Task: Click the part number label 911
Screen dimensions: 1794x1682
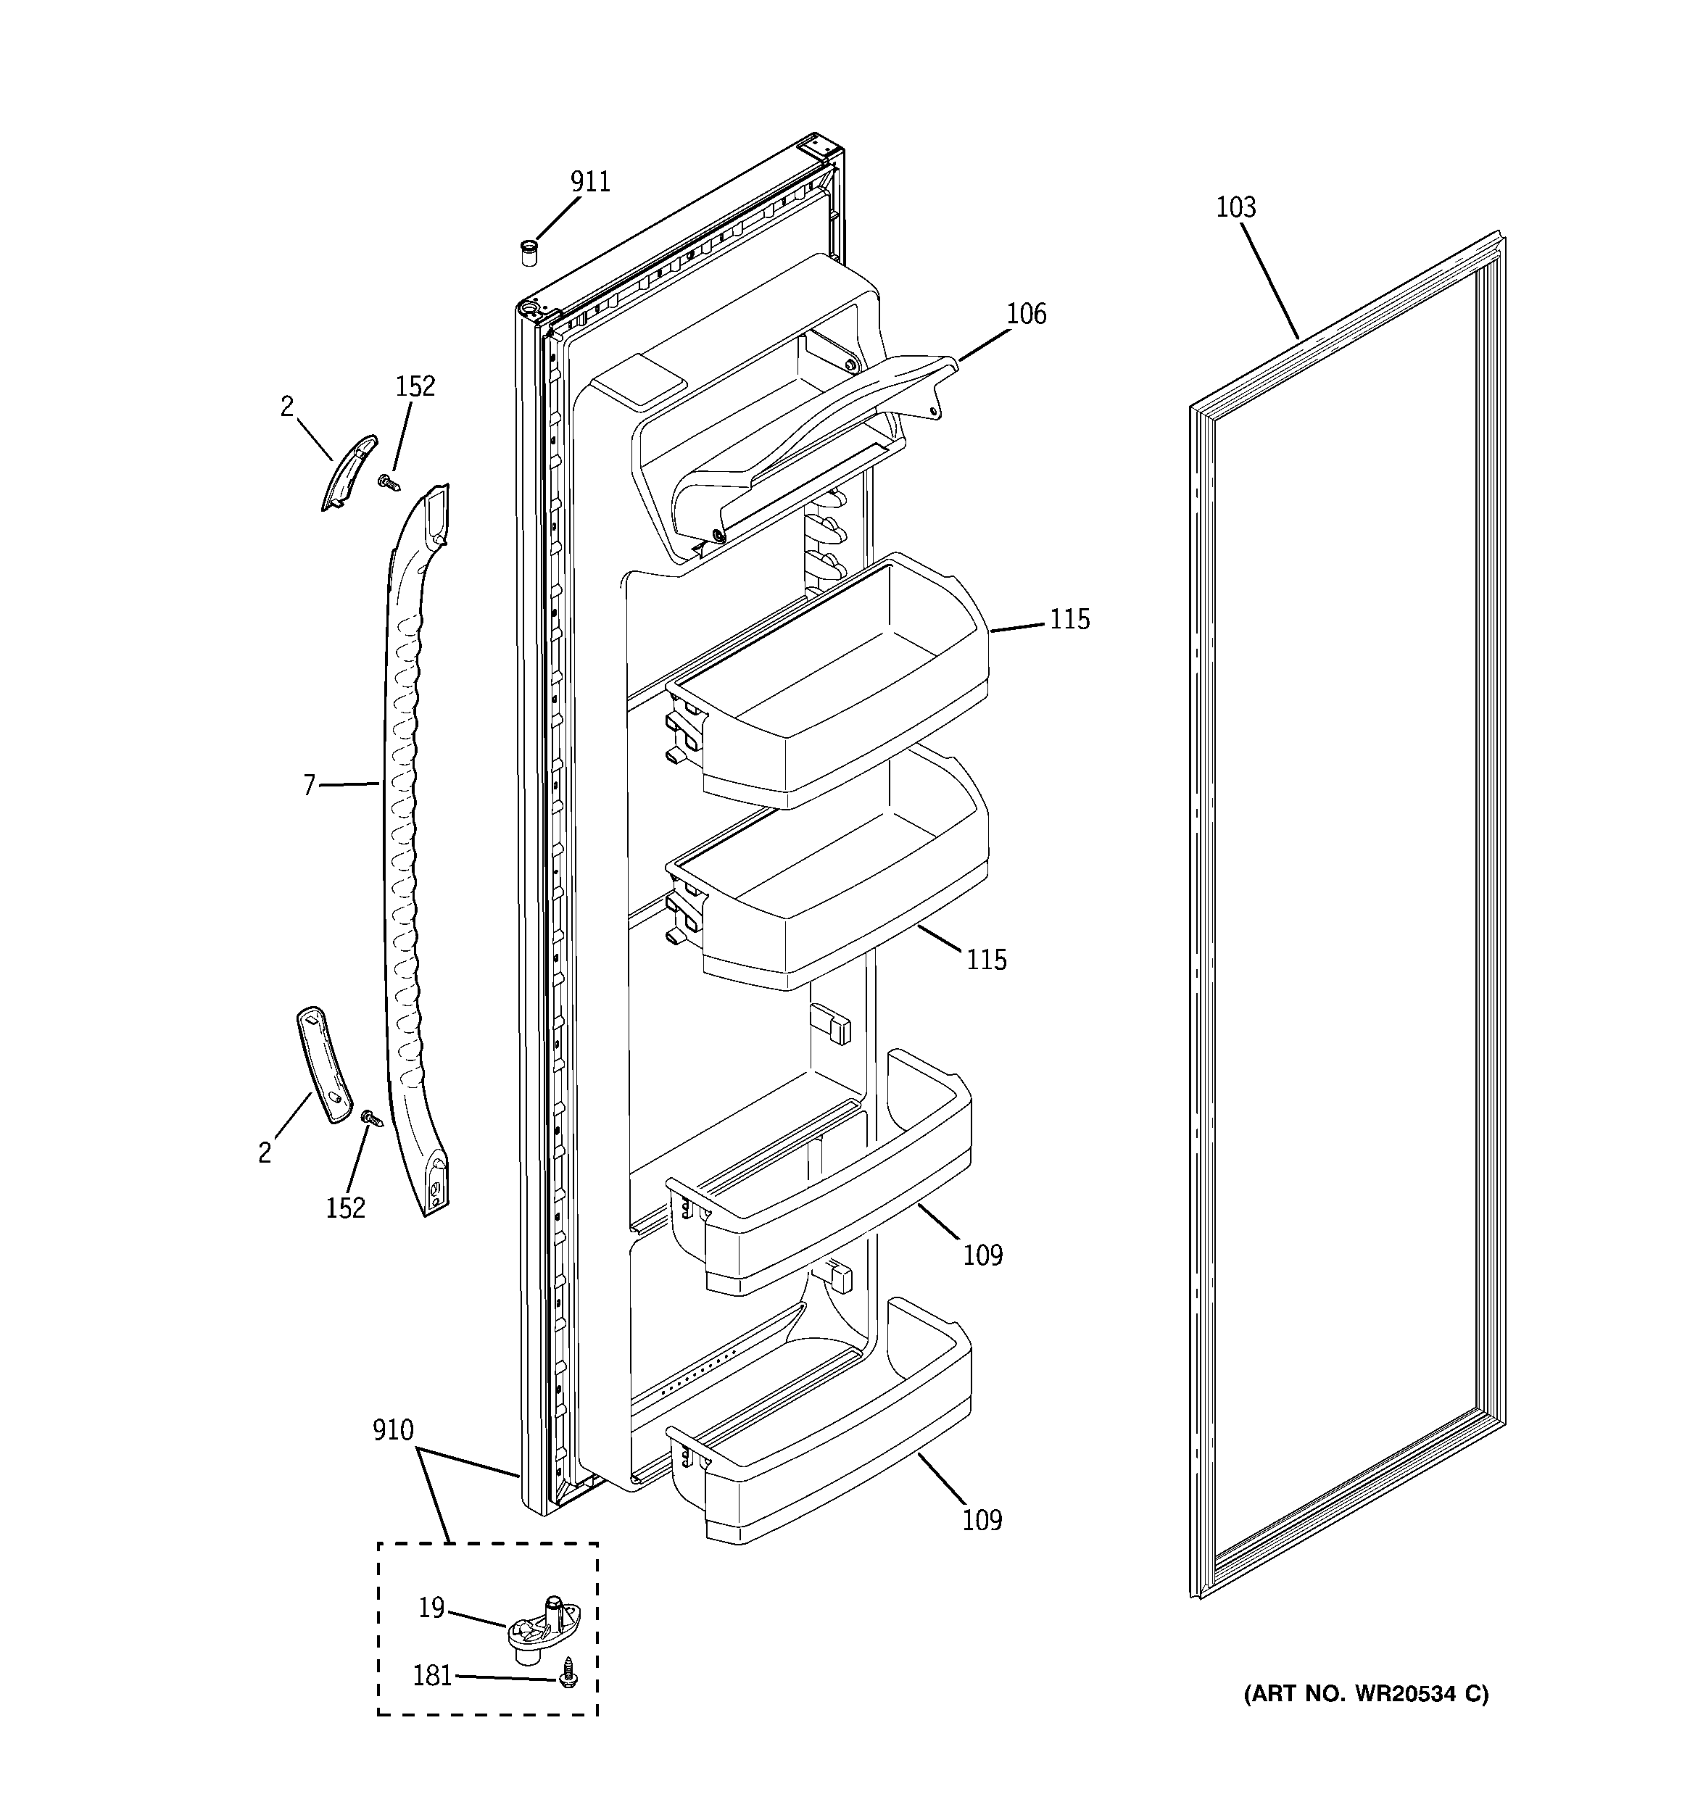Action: (x=589, y=182)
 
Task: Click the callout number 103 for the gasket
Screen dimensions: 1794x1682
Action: (x=1235, y=207)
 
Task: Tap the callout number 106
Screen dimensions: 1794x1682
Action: (x=1026, y=314)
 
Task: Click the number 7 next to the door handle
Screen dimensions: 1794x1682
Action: (x=309, y=786)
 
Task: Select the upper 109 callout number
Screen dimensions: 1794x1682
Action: (x=982, y=1255)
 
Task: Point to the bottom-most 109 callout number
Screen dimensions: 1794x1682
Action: (x=982, y=1521)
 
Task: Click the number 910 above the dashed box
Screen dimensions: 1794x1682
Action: (x=393, y=1430)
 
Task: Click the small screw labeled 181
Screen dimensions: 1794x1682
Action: (x=568, y=1677)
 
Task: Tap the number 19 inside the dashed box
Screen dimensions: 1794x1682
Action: (x=431, y=1608)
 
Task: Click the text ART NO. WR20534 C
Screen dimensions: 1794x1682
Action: (x=1366, y=1694)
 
